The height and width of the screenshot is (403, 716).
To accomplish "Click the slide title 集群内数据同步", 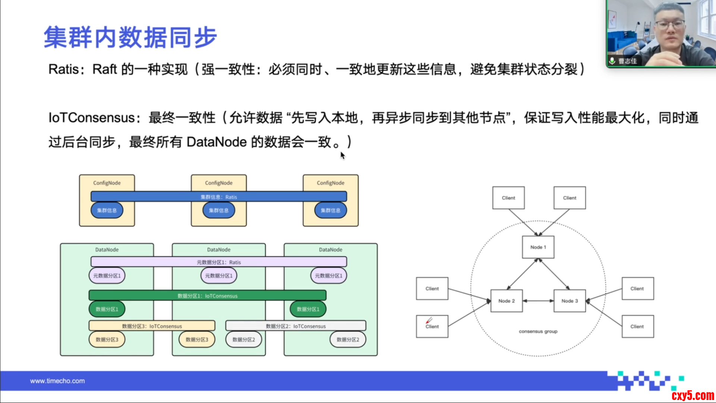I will click(130, 37).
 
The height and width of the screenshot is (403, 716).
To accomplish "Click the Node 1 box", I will click(538, 247).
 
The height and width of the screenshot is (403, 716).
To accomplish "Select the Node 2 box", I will click(506, 301).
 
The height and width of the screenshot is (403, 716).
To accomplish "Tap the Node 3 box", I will click(569, 301).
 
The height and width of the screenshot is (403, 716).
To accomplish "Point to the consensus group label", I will click(538, 331).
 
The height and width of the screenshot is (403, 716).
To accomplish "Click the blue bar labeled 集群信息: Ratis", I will click(219, 197).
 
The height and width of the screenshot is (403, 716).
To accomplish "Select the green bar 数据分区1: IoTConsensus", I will click(207, 296).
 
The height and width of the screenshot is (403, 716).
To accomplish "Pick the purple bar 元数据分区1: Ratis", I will click(219, 262).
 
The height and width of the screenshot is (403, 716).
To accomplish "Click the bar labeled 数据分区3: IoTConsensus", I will click(152, 326).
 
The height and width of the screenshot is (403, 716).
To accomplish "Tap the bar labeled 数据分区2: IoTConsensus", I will click(295, 326).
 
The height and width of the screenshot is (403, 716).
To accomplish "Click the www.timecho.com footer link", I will click(57, 381).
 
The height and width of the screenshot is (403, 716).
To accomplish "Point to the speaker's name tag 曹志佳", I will click(627, 61).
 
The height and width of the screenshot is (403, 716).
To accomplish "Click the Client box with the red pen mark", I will click(432, 326).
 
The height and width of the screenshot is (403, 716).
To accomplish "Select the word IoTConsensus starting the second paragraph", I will click(91, 118).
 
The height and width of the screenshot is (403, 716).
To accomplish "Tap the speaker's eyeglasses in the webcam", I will click(670, 25).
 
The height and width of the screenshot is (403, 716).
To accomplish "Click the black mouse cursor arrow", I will click(342, 155).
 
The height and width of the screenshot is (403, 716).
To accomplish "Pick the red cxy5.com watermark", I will click(693, 395).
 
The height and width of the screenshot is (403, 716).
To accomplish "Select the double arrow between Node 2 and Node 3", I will click(538, 301).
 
